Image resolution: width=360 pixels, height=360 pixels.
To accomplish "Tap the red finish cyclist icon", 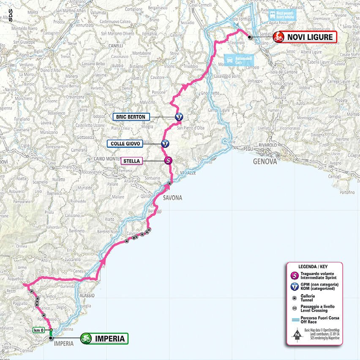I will click(x=278, y=37).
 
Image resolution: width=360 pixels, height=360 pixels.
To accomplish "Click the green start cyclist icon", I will click(x=87, y=338).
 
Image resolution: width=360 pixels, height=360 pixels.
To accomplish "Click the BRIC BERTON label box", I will click(x=131, y=117).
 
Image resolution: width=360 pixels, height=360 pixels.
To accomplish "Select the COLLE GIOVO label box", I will click(x=126, y=144).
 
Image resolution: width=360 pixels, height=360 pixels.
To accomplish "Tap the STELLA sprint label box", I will click(x=132, y=161).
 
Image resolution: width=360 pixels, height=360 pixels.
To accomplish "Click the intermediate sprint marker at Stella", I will click(x=168, y=160).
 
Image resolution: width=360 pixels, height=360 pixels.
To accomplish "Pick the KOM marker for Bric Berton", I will click(x=179, y=117).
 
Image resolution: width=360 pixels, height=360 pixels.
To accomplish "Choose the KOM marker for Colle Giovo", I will click(x=165, y=144).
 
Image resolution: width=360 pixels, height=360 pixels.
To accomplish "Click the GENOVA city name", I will click(x=265, y=161).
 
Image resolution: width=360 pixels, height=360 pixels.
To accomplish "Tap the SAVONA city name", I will click(x=172, y=198).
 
